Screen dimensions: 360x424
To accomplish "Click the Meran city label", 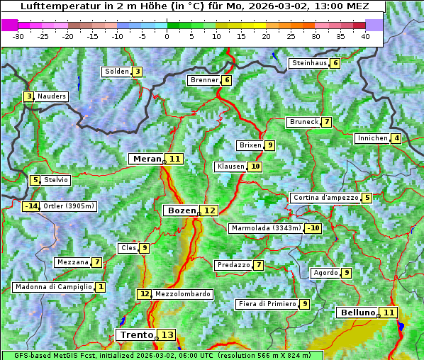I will coord(147,159).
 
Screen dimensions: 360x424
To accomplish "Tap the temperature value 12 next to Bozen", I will coord(209,210).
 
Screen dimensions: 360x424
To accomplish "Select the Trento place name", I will coord(136,334).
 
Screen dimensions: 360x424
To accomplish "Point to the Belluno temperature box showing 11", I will coord(388,313).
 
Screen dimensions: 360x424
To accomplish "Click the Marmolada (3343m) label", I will coord(266,228).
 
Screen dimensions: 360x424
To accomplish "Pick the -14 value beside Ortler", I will coord(31,206).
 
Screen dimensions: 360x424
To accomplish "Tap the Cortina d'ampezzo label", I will coord(325,198).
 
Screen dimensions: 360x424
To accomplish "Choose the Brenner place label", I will coord(204,80).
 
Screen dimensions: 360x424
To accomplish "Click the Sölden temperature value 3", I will coord(137,72).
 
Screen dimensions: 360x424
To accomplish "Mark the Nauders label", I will coord(51,96).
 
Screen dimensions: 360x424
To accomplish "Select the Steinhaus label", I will coord(309,63).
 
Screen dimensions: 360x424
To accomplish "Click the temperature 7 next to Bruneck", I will coord(326,122).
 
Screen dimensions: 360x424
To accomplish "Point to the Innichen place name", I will coord(372,138).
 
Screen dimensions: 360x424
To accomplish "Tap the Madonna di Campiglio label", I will coord(53,287).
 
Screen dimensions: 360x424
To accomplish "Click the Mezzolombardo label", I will coord(182,294).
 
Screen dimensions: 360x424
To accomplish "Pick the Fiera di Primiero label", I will coord(267,304).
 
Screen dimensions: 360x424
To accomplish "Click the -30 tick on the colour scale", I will coord(18,35).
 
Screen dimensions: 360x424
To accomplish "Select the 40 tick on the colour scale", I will coord(364,35).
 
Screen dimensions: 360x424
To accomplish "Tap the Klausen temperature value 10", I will coord(255,167).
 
